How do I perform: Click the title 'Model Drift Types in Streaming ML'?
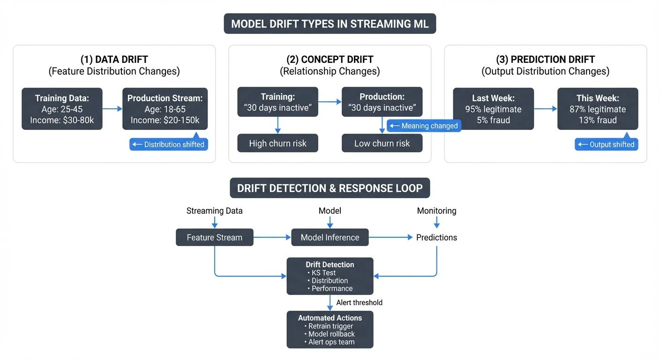click(x=330, y=23)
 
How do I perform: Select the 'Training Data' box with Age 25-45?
click(x=62, y=109)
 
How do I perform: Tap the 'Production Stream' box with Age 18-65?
click(x=165, y=109)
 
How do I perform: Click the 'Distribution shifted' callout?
click(x=169, y=144)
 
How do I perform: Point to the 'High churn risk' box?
click(x=277, y=143)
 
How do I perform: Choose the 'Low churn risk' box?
click(x=382, y=143)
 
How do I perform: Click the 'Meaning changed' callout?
click(x=424, y=126)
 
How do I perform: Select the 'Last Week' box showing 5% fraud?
click(x=493, y=109)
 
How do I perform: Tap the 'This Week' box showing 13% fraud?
click(x=597, y=109)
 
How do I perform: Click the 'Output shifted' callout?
click(x=607, y=144)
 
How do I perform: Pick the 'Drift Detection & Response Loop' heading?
click(x=330, y=188)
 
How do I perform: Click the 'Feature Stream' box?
click(x=214, y=237)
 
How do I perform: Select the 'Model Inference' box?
click(x=330, y=237)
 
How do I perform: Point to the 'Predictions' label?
click(x=436, y=237)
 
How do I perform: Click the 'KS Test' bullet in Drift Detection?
click(x=323, y=273)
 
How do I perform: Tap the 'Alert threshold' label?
click(x=359, y=302)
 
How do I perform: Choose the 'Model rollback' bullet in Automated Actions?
click(x=331, y=334)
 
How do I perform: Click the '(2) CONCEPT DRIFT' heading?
click(x=330, y=60)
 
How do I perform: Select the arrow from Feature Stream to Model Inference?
click(x=272, y=237)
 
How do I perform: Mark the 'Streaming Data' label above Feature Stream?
click(x=214, y=211)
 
